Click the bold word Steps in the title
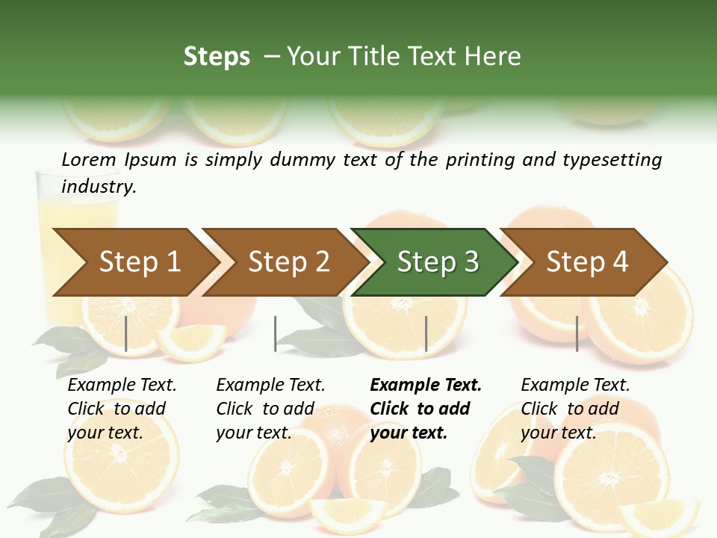217,56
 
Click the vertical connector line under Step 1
126,333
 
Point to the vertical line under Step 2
276,333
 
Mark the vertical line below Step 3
426,333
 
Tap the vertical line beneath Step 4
577,333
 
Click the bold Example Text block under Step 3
426,409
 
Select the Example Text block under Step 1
122,409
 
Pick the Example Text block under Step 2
270,409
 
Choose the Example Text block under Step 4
575,409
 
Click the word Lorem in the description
89,159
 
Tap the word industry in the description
99,187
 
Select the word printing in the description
479,160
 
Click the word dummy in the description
302,160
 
